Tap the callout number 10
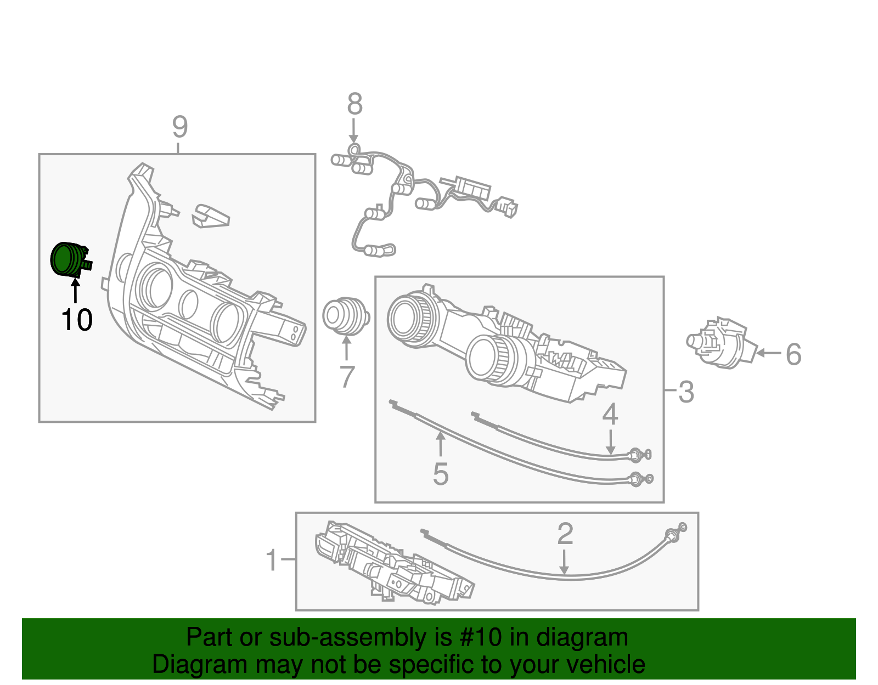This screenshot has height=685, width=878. click(77, 320)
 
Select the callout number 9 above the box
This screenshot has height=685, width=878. click(179, 127)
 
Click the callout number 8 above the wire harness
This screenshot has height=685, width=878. click(355, 104)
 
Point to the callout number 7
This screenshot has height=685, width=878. click(347, 377)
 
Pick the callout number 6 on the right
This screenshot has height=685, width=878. click(793, 354)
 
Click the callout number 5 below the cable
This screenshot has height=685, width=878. click(440, 474)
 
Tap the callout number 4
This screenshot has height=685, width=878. click(610, 415)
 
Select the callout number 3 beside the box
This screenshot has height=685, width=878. click(686, 392)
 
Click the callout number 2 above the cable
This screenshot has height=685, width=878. click(565, 534)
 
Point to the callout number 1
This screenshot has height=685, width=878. click(272, 561)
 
